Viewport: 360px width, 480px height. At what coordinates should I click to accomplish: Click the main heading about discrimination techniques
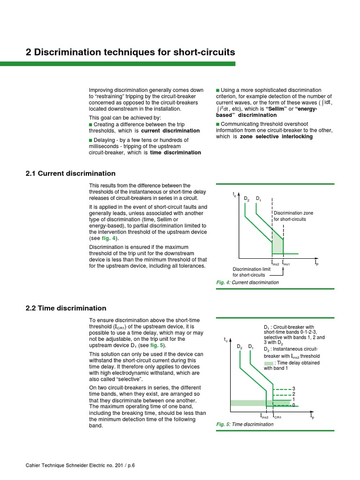pos(130,52)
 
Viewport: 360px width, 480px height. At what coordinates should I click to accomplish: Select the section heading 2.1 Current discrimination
pos(70,173)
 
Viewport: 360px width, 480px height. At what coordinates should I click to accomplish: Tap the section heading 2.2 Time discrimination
pos(66,308)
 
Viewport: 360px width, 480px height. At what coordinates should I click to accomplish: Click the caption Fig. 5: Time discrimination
pos(245,424)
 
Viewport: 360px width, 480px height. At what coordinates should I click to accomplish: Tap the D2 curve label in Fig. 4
pos(247,199)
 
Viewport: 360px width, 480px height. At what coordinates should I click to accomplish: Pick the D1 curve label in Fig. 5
pos(251,347)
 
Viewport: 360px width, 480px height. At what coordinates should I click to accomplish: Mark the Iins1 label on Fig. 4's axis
pos(286,264)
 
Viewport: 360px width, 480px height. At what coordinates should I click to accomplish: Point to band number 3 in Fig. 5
pos(294,389)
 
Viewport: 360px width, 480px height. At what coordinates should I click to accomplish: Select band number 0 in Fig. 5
pos(294,405)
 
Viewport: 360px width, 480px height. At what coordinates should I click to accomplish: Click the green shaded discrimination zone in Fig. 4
pos(278,245)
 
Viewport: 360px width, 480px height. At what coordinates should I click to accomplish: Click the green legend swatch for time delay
pos(268,363)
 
